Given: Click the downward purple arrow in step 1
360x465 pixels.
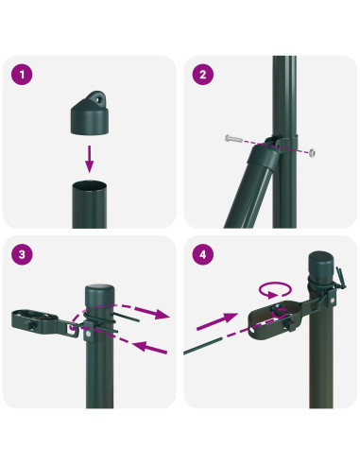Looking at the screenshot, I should click(x=90, y=158).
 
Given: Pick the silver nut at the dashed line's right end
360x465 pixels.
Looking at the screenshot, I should click(x=313, y=153).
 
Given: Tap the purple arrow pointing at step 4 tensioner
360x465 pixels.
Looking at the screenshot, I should click(x=218, y=322).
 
